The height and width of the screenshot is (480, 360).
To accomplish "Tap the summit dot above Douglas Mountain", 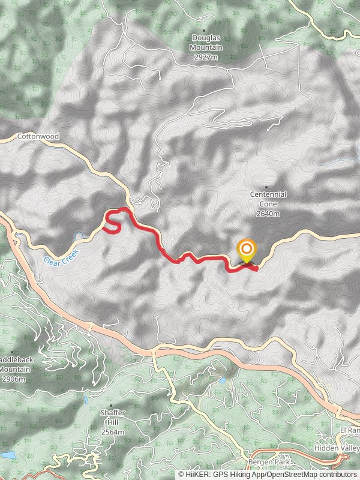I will (x=204, y=30).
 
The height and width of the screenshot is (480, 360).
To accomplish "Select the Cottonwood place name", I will (x=38, y=137).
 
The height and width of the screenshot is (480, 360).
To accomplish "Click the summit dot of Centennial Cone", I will (x=266, y=187).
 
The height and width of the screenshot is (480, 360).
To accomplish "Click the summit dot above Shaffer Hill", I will (x=110, y=406).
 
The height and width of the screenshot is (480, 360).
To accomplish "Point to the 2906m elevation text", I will (x=13, y=379).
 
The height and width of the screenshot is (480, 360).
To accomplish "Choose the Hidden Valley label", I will (x=337, y=448).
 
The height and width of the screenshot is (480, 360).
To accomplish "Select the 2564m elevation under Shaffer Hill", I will (x=113, y=431).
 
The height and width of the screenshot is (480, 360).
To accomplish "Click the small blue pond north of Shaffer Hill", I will (x=86, y=399).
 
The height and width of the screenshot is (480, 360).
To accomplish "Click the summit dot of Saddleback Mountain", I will (x=12, y=353).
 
